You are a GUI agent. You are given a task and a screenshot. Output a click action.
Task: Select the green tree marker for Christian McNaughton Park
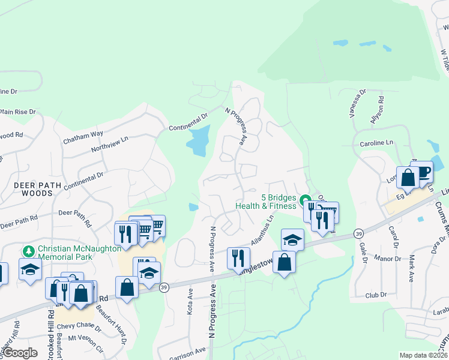coord(28,249)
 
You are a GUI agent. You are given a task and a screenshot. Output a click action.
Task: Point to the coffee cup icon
coord(422,172)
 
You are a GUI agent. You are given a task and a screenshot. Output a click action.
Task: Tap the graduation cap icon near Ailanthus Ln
coord(292,240)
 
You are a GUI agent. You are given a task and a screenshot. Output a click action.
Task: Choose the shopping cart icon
coord(155,226)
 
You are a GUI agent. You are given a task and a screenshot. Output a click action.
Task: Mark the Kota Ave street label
coord(190,304)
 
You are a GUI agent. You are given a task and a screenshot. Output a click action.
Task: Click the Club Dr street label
coord(378,296)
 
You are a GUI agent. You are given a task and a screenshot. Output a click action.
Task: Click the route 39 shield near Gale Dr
coord(358,233)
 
